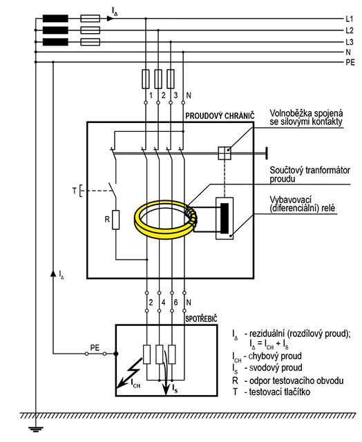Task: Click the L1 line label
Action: coord(349,19)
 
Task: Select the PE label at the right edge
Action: coord(350,63)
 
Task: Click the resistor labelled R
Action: coord(115,220)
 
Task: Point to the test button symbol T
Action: coord(81,191)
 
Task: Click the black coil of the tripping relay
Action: coord(225,218)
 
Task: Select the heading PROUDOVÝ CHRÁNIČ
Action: coord(220,116)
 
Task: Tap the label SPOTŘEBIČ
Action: coord(201,319)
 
